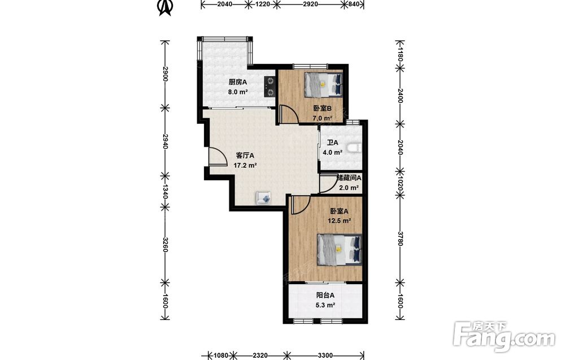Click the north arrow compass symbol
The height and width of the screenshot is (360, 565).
pos(166,7)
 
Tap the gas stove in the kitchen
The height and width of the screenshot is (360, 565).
pos(269,87)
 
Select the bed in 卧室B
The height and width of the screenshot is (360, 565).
pos(323,84)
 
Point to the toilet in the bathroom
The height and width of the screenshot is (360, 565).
pos(354,147)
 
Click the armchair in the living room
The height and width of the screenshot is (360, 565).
pos(264,198)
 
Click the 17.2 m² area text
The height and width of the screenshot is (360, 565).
pos(245,166)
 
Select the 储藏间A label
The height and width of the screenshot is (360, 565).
pos(349,177)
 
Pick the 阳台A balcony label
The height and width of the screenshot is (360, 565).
pos(325,295)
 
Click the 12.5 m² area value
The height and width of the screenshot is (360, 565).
pos(339,220)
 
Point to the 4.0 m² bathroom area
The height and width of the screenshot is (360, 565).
pos(332,152)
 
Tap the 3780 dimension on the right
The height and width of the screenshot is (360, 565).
pos(399,238)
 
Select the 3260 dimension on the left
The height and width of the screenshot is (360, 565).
pos(165,244)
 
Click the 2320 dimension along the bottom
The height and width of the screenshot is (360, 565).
pos(260,355)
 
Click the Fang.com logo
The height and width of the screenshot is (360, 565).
pos(504,336)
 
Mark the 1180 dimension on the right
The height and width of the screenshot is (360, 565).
pos(399,53)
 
